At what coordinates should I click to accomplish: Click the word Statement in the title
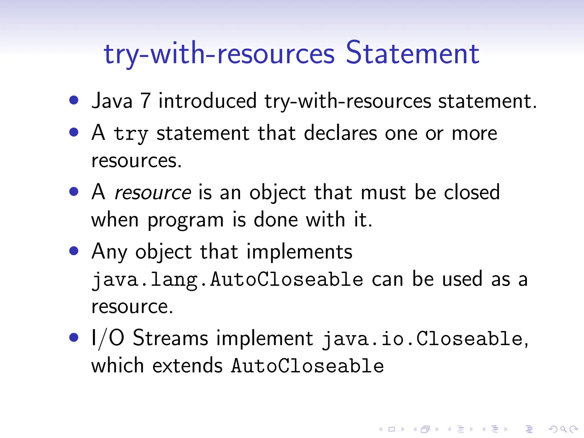[x=412, y=53]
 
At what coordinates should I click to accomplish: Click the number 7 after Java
[x=145, y=101]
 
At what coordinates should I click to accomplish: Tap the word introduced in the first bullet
[x=207, y=101]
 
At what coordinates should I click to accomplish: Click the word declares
[x=340, y=133]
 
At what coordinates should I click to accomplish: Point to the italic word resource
[x=153, y=193]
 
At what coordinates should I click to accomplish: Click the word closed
[x=472, y=192]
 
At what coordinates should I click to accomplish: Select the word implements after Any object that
[x=299, y=252]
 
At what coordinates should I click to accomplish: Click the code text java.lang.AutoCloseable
[x=227, y=280]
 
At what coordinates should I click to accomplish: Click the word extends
[x=187, y=366]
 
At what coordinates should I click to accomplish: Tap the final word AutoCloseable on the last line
[x=307, y=366]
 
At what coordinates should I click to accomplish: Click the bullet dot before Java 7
[x=74, y=100]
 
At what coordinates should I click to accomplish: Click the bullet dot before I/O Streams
[x=74, y=337]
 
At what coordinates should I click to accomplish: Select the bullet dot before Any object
[x=74, y=251]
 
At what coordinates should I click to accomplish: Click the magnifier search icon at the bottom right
[x=563, y=429]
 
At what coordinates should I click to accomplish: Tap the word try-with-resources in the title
[x=219, y=54]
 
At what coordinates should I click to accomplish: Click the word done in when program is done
[x=276, y=220]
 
